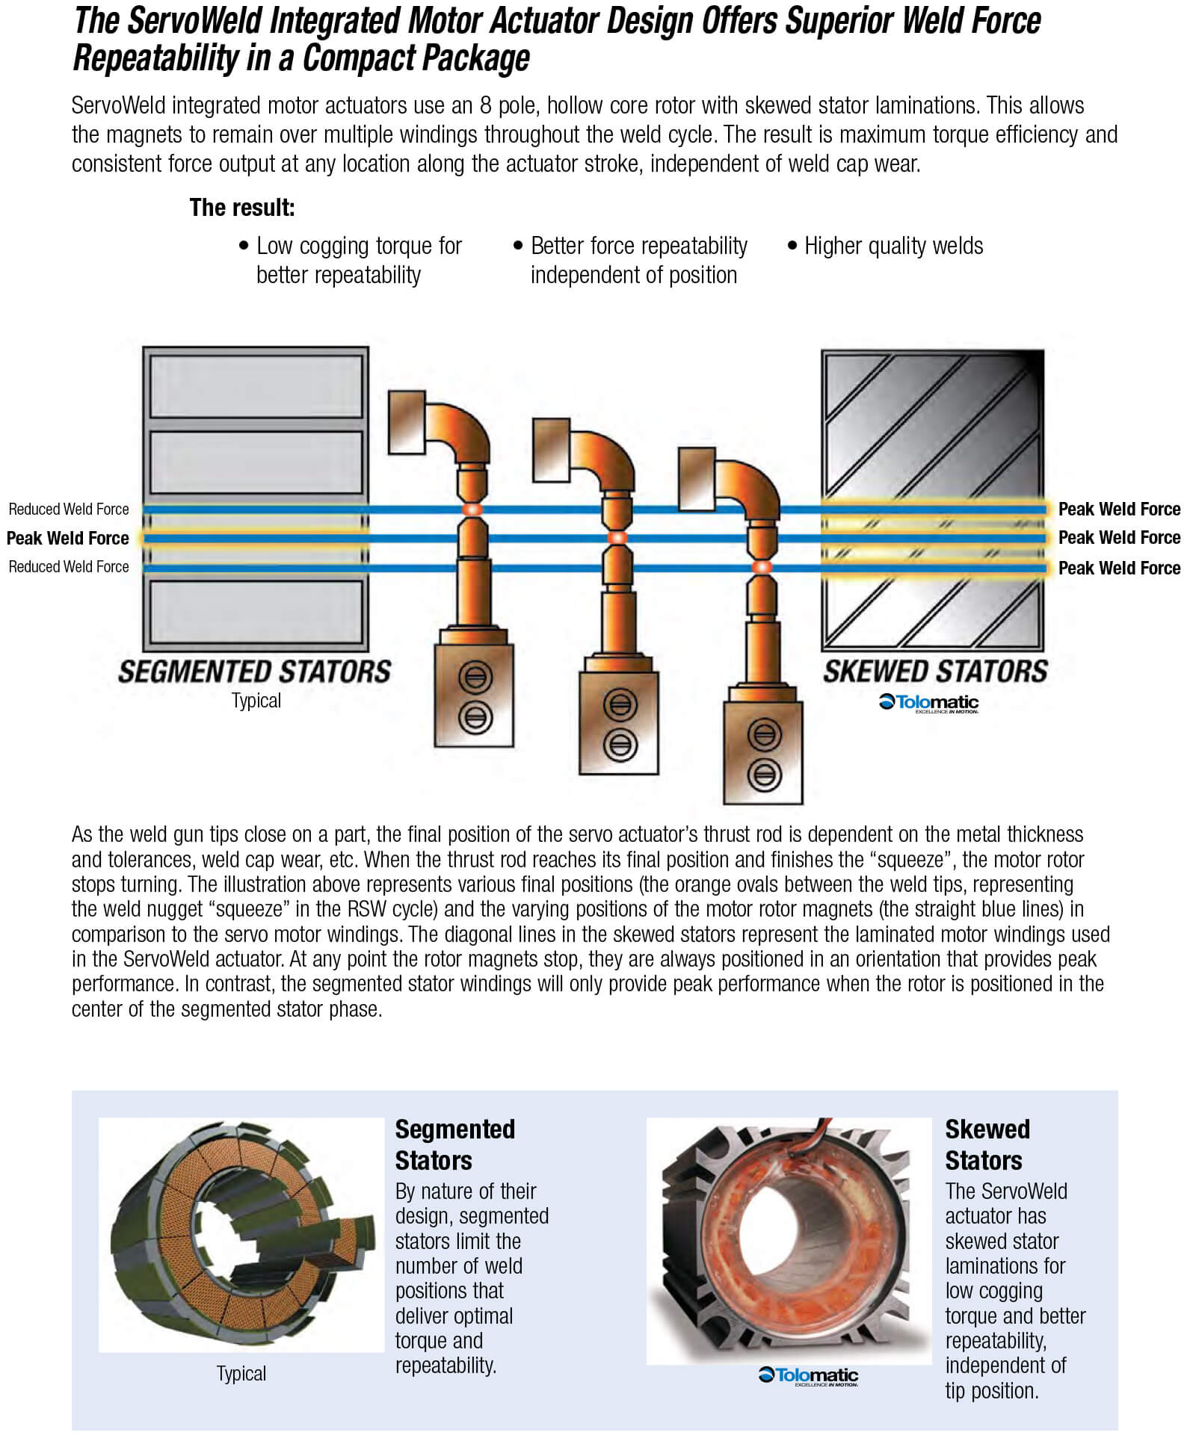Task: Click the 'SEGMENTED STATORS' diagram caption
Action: pyautogui.click(x=254, y=672)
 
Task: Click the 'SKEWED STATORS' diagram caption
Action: pyautogui.click(x=935, y=672)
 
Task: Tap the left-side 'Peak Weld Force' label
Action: pyautogui.click(x=67, y=538)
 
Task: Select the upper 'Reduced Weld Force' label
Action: pyautogui.click(x=69, y=509)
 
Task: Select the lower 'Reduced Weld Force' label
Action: pyautogui.click(x=69, y=567)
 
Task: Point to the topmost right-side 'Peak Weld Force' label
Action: pyautogui.click(x=1119, y=509)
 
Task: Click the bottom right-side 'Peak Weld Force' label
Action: pyautogui.click(x=1119, y=568)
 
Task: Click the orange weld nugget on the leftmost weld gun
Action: pyautogui.click(x=472, y=509)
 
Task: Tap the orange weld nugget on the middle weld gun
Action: pyautogui.click(x=617, y=537)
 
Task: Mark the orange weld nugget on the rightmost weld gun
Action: pyautogui.click(x=762, y=567)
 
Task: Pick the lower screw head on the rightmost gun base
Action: pyautogui.click(x=763, y=774)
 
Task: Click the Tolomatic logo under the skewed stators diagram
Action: pyautogui.click(x=928, y=703)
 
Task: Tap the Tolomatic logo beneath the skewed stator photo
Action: pyautogui.click(x=809, y=1376)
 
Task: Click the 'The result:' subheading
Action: pyautogui.click(x=242, y=208)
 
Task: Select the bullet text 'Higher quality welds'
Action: pyautogui.click(x=893, y=246)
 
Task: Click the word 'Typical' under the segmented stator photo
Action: pyautogui.click(x=241, y=1373)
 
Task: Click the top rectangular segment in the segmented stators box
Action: pyautogui.click(x=256, y=386)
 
